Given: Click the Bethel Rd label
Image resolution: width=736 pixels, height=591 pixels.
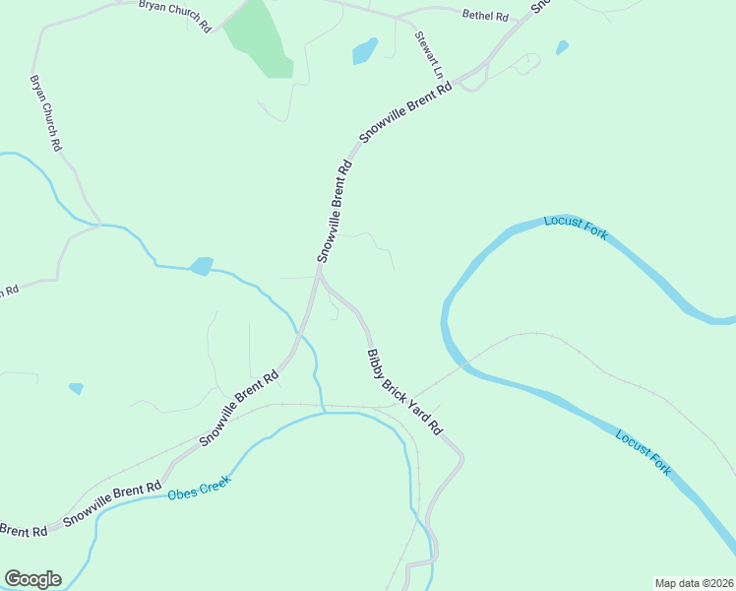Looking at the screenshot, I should pos(485,16).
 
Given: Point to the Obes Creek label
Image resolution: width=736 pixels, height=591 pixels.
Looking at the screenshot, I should pos(199,487).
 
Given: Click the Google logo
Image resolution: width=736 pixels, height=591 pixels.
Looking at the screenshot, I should pos(32,579).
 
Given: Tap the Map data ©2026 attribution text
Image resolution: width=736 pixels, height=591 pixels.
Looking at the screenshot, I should pos(694,582).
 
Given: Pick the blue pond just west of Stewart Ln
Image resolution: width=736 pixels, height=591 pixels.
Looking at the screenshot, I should pos(365,50).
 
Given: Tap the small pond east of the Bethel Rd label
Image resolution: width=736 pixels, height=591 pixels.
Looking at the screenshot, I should pos(562,47).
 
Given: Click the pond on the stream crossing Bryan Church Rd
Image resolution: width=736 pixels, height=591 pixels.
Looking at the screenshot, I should pos(202,266).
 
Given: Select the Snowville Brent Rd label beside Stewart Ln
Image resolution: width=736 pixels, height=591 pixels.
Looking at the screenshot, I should pos(405,114).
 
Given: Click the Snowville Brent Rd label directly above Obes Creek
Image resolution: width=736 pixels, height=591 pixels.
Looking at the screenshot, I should pos(112,503).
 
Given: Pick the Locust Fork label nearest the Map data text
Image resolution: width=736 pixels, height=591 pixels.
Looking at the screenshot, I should pos(644,453).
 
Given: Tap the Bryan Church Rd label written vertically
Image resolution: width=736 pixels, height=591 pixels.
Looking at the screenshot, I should pos(46,112).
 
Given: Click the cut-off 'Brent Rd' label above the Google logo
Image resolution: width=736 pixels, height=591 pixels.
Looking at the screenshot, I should pos(24,531).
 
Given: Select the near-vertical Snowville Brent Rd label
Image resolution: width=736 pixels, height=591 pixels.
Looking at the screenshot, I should pos(335,211).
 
